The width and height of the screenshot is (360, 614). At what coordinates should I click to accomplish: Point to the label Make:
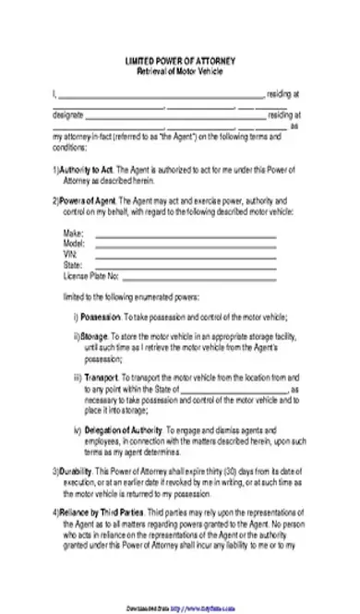tap(73, 234)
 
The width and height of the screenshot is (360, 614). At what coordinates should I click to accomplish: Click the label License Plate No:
tap(91, 274)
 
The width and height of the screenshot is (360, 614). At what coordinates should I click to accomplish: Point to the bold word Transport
tap(104, 378)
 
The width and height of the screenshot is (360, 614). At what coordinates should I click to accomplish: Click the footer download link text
tap(179, 608)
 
